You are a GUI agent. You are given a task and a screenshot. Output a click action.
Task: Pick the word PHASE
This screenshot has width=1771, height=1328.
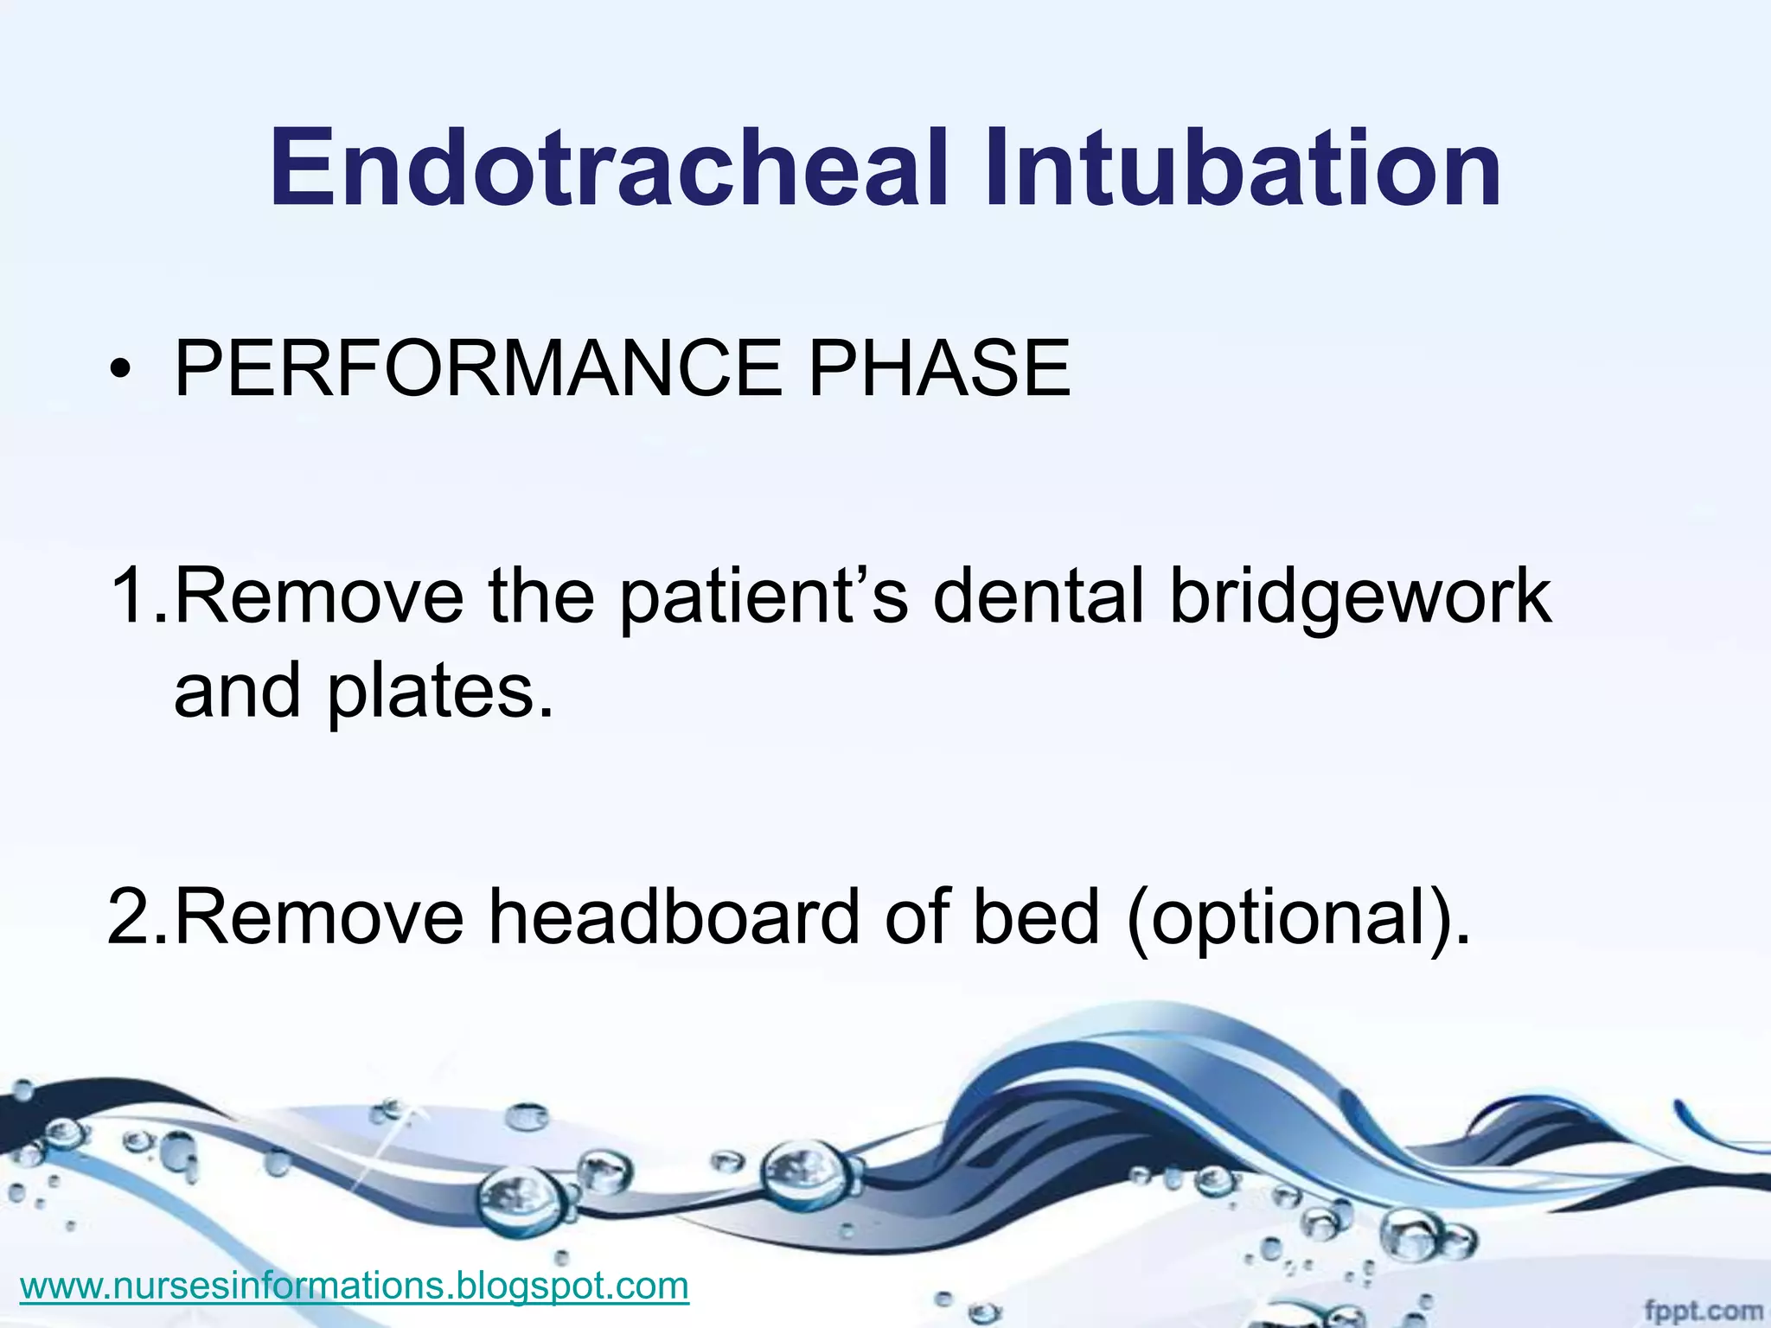pos(939,369)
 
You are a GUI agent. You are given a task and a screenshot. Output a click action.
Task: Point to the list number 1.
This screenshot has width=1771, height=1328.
pos(130,596)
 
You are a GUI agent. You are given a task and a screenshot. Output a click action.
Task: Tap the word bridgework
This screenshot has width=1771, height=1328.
pos(1360,597)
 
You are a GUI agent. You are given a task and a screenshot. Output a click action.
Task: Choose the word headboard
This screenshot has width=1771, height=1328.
pos(675,917)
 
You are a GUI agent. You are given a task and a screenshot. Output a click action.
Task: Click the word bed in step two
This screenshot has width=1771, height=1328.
pos(1036,917)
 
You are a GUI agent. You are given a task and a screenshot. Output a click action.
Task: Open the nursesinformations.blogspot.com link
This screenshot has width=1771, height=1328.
pos(354,1286)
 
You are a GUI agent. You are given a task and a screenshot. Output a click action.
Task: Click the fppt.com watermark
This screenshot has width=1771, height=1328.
pos(1703,1311)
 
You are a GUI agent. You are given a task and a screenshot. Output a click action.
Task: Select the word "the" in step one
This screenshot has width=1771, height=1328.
pos(541,596)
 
